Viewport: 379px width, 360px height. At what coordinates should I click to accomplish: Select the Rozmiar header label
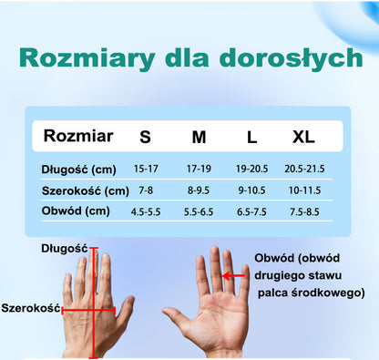(79, 137)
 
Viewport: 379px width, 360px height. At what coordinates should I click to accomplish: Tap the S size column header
(146, 138)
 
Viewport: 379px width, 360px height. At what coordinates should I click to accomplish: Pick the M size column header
(199, 138)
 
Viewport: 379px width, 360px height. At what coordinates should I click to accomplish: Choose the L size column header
(251, 138)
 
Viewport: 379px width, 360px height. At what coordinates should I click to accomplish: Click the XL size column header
(303, 138)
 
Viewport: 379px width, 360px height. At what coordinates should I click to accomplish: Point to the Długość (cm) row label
(79, 170)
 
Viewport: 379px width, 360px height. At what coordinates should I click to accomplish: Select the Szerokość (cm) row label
(86, 190)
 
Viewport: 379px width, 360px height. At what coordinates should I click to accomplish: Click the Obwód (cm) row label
(75, 211)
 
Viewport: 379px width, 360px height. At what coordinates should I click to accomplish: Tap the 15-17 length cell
(146, 170)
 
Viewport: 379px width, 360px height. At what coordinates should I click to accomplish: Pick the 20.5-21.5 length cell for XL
(305, 170)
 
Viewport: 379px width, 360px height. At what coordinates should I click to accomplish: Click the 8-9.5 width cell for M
(199, 190)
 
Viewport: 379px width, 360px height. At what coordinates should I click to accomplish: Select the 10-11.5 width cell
(305, 190)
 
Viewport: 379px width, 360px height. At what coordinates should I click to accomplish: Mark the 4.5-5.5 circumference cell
(146, 211)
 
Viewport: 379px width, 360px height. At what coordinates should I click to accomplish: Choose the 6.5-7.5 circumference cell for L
(251, 211)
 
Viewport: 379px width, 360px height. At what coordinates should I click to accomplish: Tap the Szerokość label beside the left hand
(30, 308)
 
